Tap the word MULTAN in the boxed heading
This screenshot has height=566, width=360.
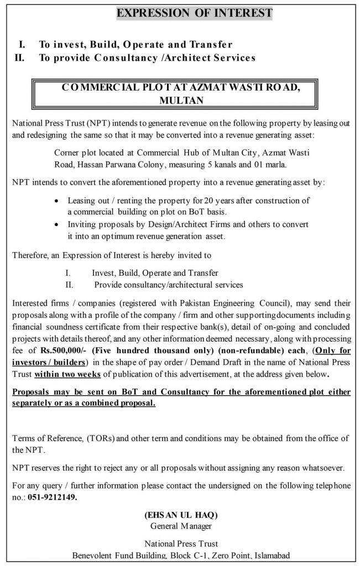coord(181,101)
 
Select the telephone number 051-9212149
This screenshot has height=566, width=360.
coord(54,497)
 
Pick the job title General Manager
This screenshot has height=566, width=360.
coord(181,526)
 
